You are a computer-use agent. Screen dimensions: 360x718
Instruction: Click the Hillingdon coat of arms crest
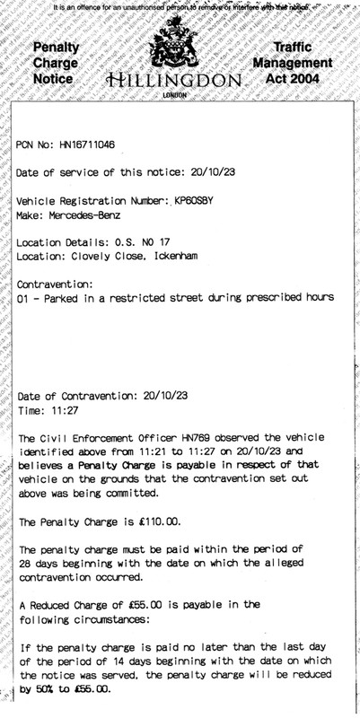point(179,49)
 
